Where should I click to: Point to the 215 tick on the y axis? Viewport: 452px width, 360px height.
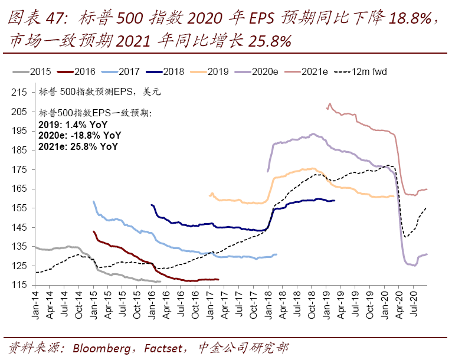pos(20,92)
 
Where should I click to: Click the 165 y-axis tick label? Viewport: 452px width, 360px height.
pos(20,189)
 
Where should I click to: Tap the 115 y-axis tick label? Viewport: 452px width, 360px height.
pos(20,285)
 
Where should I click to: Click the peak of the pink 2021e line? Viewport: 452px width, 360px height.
pos(329,104)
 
